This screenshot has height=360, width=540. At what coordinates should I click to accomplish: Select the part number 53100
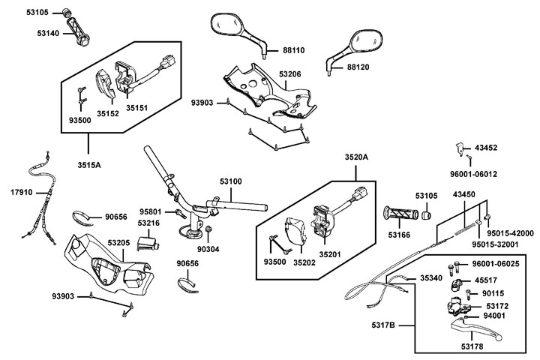[230, 181]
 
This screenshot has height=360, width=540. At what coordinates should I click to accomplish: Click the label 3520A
[357, 157]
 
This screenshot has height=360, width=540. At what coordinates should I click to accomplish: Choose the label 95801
[151, 212]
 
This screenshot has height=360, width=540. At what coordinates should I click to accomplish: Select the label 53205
[119, 244]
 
